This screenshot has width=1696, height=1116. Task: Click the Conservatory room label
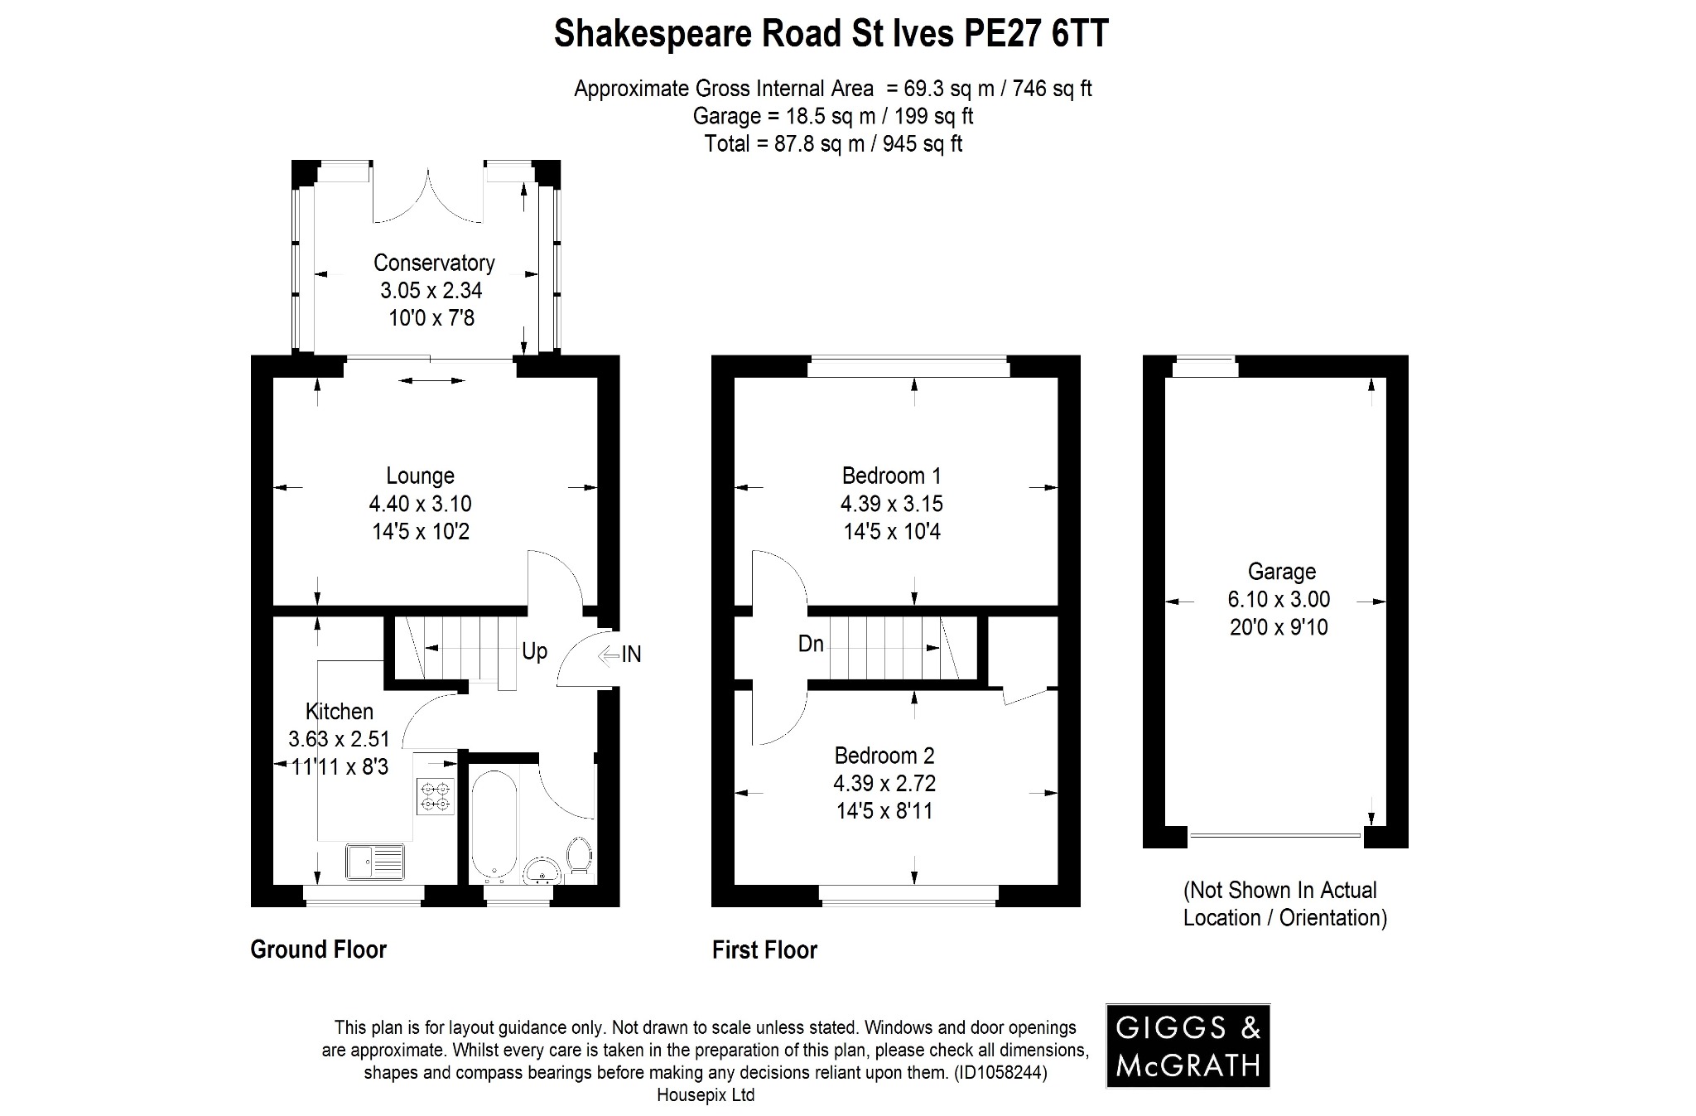434,263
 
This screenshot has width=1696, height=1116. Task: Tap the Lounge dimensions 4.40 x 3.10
420,504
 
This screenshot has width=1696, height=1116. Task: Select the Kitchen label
339,711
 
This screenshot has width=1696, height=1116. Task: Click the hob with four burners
436,796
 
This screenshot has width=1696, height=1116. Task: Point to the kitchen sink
375,862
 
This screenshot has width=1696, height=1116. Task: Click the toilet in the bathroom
579,855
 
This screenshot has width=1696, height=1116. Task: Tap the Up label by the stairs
534,651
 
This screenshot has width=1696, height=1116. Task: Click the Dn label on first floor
811,644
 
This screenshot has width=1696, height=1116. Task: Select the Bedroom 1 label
891,476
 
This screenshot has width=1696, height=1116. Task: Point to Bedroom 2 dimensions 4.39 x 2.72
884,783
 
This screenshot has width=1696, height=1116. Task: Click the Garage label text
1281,572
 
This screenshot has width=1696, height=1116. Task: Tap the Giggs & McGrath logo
1188,1046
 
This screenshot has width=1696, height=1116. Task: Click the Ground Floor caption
318,949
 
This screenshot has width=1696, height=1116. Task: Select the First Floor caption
764,950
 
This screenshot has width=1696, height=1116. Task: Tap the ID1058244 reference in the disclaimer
1000,1073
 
